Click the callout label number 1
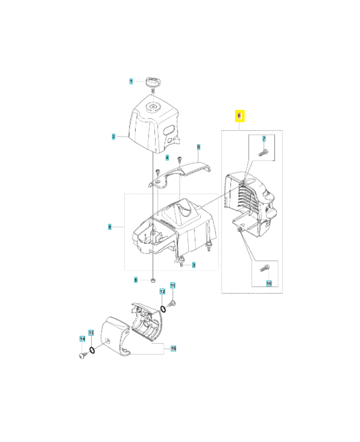pos(131,81)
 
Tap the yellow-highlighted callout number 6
pos(239,116)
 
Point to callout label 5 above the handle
pos(198,147)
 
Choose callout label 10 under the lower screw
pos(269,283)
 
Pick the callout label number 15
pos(173,348)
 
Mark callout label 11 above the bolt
pos(172,286)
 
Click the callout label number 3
pos(194,265)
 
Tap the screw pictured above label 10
pos(263,270)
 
